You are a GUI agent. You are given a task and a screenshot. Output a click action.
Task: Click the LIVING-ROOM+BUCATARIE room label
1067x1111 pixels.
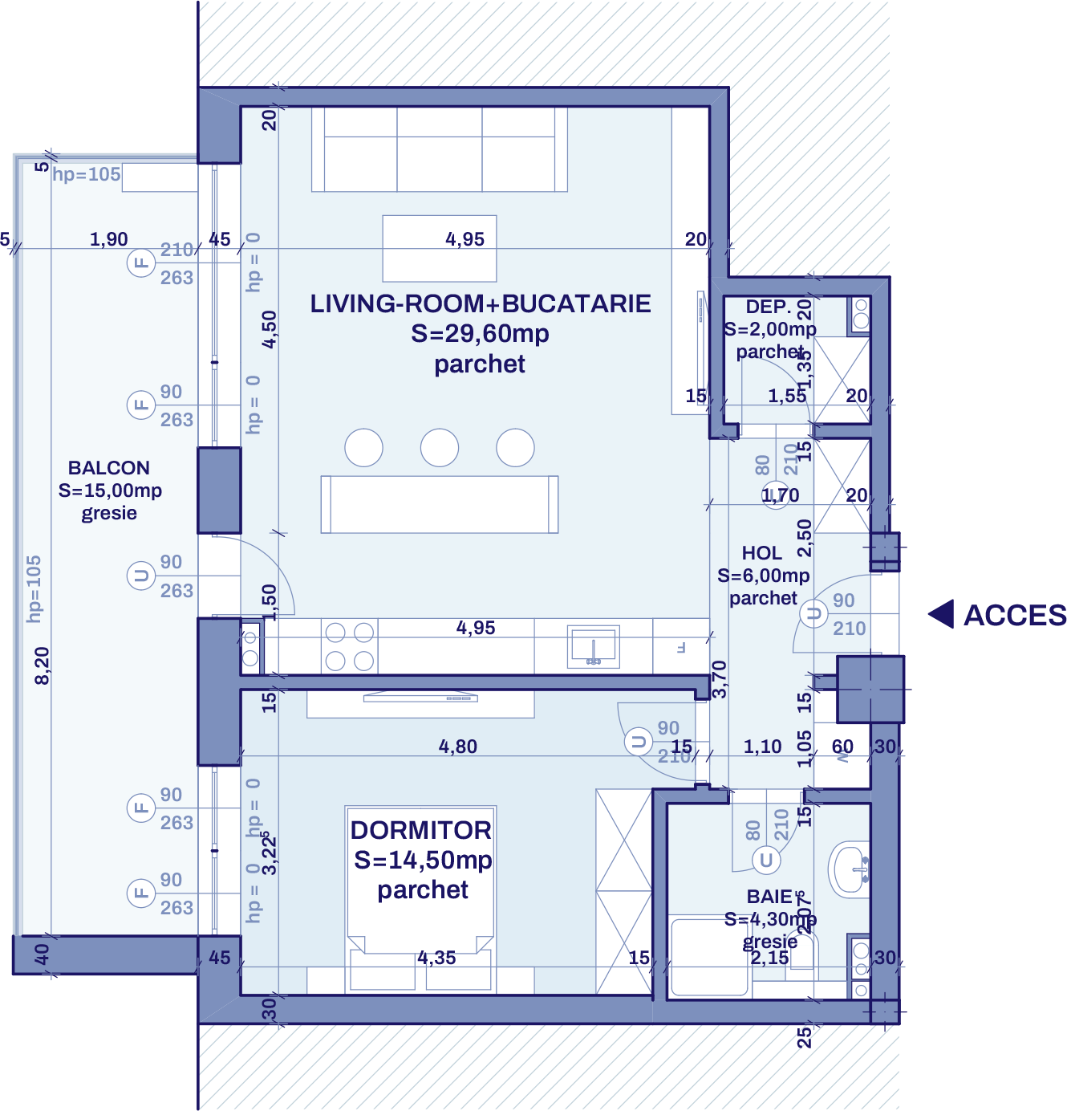click(x=480, y=304)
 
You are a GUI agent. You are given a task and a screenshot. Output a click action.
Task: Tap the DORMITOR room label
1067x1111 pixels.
click(x=420, y=830)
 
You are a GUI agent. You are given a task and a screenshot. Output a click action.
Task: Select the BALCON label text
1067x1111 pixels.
click(x=109, y=468)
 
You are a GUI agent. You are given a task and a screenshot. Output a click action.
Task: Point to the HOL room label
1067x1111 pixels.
click(x=761, y=553)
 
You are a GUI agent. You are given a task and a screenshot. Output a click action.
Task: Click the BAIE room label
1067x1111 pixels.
click(x=769, y=897)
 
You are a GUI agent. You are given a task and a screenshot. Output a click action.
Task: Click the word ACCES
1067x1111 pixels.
click(x=1014, y=616)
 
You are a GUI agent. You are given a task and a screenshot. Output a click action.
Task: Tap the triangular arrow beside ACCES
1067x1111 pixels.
click(x=942, y=614)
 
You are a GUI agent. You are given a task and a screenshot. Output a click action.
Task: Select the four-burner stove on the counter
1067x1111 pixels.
click(x=350, y=646)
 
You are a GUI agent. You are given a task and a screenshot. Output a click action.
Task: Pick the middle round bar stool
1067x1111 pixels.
click(x=440, y=447)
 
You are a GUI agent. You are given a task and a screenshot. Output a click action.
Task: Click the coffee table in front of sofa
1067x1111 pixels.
click(x=439, y=248)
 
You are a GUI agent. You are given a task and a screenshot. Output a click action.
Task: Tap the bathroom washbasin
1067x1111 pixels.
click(x=850, y=869)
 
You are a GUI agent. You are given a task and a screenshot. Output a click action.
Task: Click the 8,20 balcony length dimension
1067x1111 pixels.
click(x=42, y=665)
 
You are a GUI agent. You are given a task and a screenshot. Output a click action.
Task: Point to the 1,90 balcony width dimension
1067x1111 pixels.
click(x=108, y=239)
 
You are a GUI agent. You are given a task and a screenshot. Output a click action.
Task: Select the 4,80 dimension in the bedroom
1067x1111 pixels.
click(x=457, y=747)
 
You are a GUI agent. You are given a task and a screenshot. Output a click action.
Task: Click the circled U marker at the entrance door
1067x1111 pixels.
click(x=813, y=614)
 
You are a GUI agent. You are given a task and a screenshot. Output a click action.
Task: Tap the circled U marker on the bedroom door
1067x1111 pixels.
click(x=639, y=742)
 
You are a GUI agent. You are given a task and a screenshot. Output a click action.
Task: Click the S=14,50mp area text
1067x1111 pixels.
click(x=423, y=861)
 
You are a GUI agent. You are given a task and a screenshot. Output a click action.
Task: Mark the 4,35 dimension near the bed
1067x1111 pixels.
click(x=436, y=958)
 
